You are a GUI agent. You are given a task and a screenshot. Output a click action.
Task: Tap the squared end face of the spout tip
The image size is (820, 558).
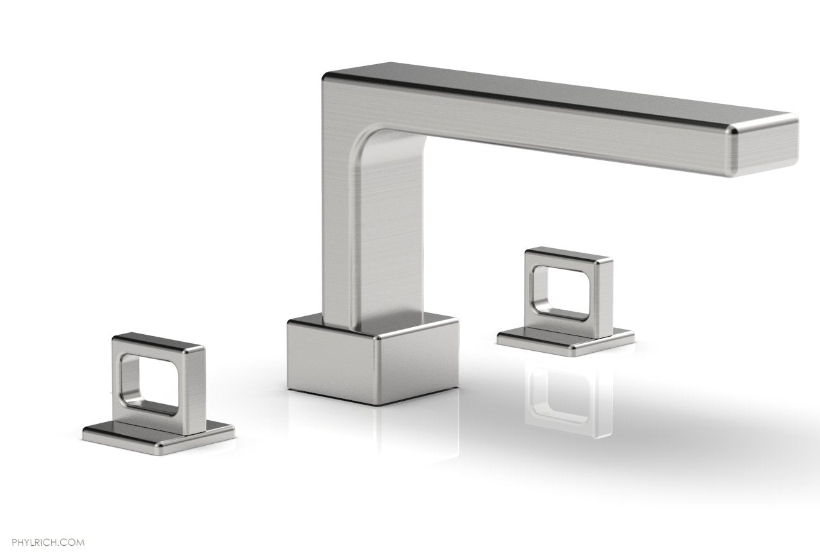click(766, 144)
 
